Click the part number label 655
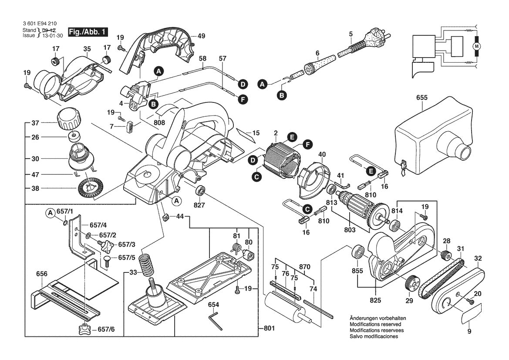[421, 98]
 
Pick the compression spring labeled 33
[147, 264]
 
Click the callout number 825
[375, 300]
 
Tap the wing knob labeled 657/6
[84, 329]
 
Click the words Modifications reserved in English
[375, 325]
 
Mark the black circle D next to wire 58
[243, 84]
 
